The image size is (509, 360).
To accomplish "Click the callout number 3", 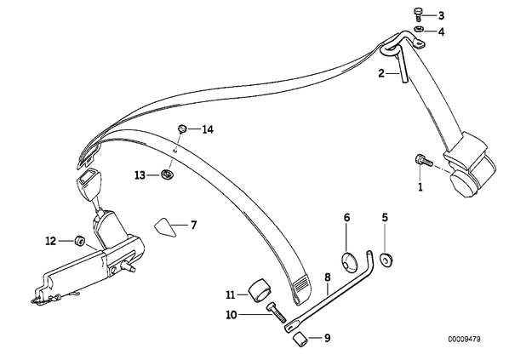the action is [441, 15].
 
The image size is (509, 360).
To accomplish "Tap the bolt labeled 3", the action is [417, 15].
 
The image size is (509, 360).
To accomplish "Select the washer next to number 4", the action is [418, 29].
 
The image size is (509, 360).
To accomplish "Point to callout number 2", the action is [381, 73].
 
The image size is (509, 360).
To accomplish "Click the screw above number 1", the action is [422, 160].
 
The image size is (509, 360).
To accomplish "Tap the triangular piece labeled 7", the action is [165, 227].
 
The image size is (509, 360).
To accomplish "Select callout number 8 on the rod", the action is [328, 277].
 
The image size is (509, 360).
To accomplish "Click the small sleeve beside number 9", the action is [300, 340].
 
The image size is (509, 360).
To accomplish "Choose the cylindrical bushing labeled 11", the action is [260, 289].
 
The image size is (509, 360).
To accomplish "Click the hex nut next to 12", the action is [80, 241].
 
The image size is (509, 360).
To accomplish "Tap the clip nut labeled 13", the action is [167, 174].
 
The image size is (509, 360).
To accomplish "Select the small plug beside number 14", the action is [182, 129].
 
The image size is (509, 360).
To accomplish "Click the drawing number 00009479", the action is [464, 340].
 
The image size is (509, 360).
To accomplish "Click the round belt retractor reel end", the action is [465, 184].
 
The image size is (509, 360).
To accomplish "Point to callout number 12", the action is [50, 241].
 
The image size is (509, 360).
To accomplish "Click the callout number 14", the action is [208, 129].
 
